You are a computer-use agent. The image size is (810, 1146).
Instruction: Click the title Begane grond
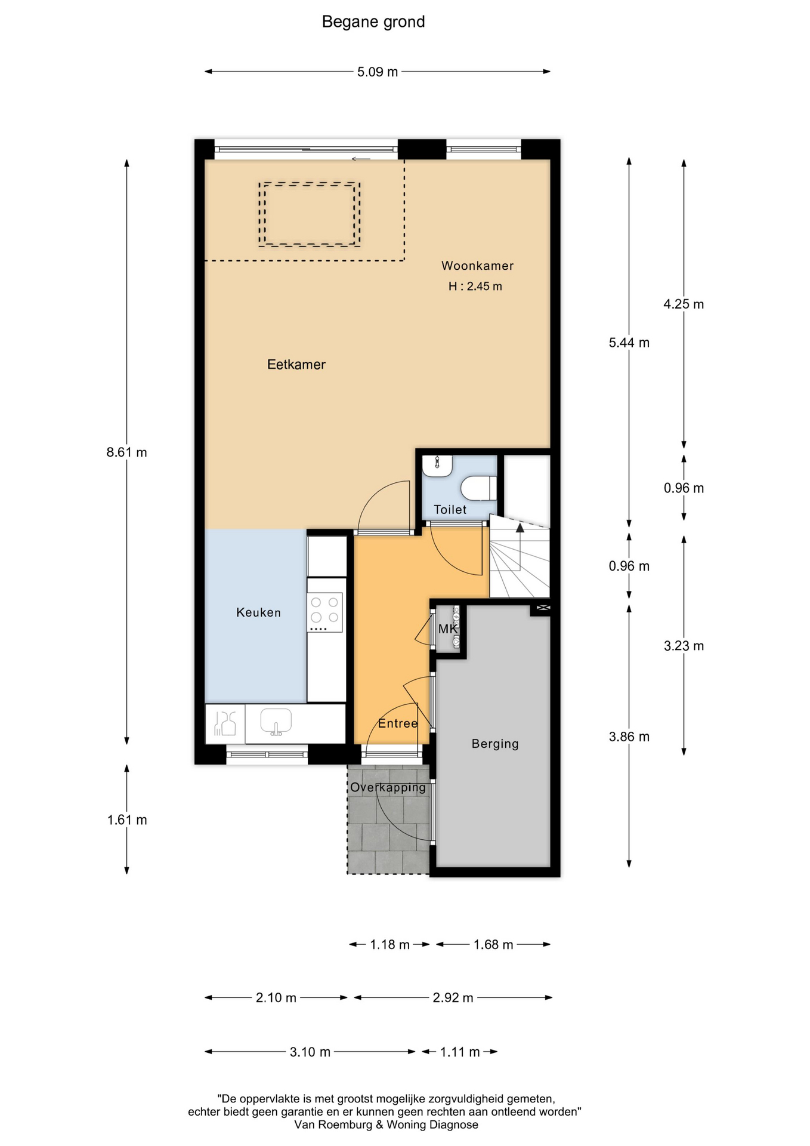coord(373,22)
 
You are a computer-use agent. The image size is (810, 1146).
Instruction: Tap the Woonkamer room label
coord(477,266)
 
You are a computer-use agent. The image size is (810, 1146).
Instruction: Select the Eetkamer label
coord(296,364)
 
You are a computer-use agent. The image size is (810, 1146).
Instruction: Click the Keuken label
coord(258,612)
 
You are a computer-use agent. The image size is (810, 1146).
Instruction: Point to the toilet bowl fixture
coord(479,488)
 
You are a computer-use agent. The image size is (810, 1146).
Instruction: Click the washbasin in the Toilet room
coord(437,466)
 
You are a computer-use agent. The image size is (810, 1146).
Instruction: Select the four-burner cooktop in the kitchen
coord(324,612)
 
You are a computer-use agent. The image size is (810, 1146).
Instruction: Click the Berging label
coord(495,744)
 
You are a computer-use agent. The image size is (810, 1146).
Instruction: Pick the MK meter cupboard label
coord(448,629)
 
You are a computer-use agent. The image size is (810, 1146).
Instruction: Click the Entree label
coord(398,723)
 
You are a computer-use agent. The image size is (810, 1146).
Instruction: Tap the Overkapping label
coord(388,787)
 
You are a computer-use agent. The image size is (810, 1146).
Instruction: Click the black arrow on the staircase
coord(520,528)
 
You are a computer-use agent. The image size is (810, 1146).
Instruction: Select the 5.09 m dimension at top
coord(378,72)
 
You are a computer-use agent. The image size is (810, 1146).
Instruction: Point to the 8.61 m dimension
coord(126,452)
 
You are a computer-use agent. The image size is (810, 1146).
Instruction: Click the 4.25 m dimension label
coord(684,304)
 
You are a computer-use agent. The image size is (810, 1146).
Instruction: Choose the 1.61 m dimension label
coord(127,820)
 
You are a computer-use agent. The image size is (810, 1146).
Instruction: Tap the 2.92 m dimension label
coord(453,998)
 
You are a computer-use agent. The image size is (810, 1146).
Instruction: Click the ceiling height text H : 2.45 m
coord(475,286)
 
